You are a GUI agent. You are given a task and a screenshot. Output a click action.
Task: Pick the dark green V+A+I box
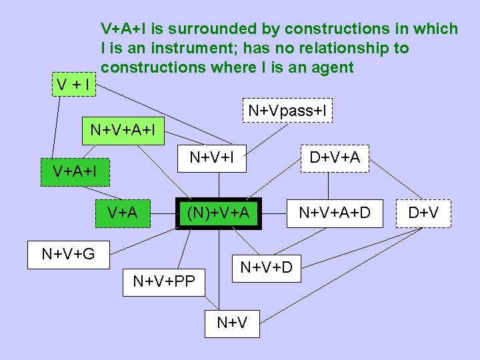point(75,171)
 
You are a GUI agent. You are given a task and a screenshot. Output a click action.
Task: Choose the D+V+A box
point(335,158)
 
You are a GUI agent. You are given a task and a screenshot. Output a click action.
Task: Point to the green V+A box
point(123,213)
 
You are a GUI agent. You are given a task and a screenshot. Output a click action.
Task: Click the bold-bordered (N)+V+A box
point(218,213)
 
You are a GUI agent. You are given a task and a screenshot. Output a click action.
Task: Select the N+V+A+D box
point(334,213)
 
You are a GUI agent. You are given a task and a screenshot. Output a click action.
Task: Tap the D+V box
point(423,213)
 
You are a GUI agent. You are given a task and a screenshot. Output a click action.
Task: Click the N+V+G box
point(68,253)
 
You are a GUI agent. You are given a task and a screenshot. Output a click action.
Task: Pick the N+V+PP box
point(164,281)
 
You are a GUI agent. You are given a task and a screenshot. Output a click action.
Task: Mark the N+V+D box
point(266,268)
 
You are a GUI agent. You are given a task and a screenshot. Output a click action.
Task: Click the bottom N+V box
point(232,323)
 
